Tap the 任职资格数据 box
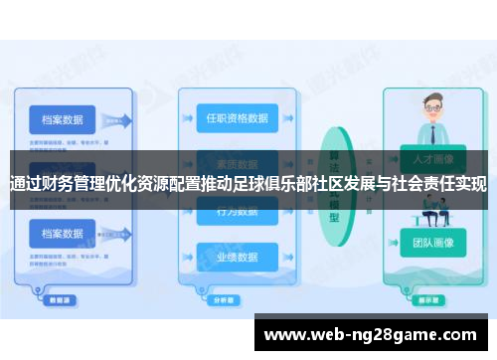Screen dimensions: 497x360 click(237, 117)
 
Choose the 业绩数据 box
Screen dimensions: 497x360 click(237, 256)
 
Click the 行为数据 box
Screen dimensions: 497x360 click(237, 212)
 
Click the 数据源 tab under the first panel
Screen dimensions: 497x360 click(60, 297)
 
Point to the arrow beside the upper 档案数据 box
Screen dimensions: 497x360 click(118, 121)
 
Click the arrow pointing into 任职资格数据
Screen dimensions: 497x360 click(188, 118)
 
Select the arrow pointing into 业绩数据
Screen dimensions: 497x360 click(188, 256)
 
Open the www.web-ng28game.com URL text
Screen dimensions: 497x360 click(374, 335)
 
